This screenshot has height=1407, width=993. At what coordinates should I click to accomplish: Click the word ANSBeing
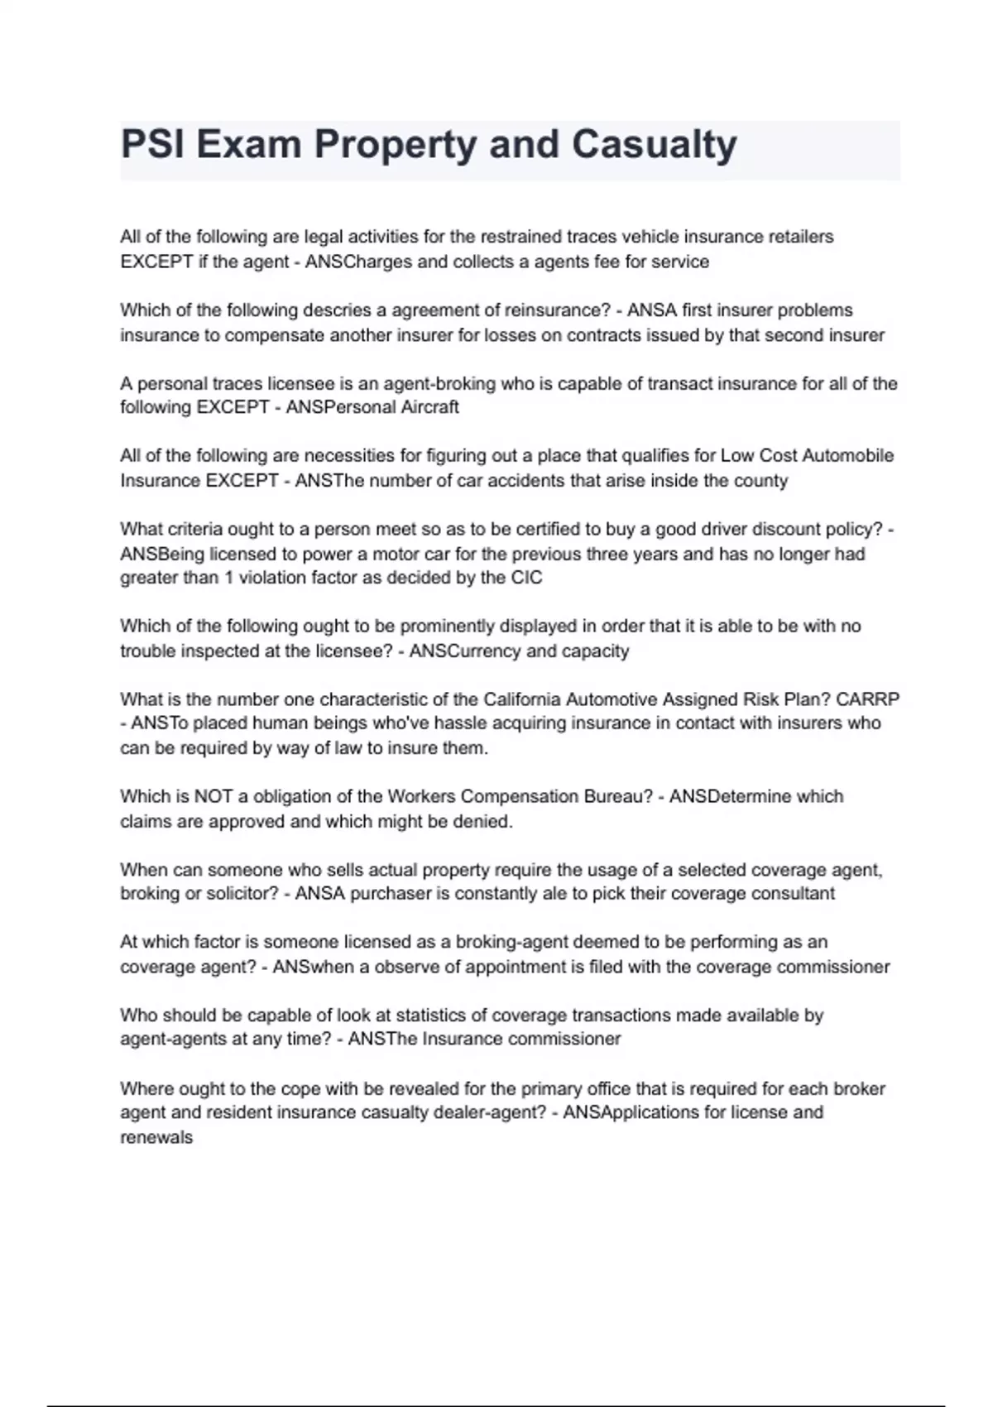161,554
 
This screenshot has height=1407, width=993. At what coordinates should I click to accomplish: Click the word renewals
156,1137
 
